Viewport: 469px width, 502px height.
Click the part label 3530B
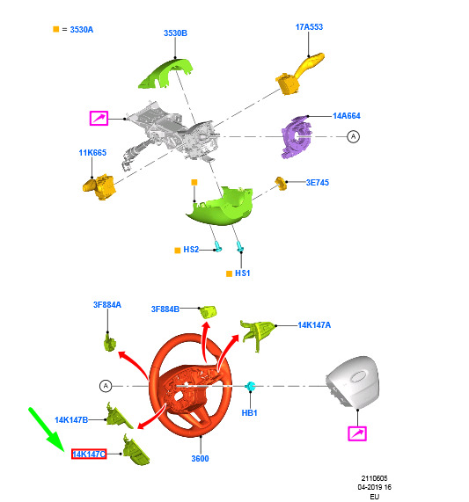[175, 33]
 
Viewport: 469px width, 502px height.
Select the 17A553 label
[309, 27]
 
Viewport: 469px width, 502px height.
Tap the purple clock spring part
[297, 137]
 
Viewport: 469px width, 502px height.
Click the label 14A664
[347, 115]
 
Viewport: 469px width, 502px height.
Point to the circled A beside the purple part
[353, 136]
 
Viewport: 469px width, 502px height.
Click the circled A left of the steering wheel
[106, 386]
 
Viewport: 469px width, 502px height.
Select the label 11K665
[92, 153]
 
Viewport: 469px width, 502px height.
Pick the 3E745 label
[317, 183]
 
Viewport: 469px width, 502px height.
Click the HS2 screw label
[191, 250]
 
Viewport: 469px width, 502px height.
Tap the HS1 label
[242, 273]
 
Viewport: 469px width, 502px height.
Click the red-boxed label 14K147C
[89, 454]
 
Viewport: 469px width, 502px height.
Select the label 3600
[200, 458]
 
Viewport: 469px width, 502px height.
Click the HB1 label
[249, 413]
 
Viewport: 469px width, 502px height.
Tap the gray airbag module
[353, 382]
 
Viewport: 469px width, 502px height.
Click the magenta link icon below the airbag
[357, 433]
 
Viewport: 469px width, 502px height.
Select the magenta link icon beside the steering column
[99, 118]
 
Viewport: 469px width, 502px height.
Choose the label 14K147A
[314, 325]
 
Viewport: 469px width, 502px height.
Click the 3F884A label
[107, 305]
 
